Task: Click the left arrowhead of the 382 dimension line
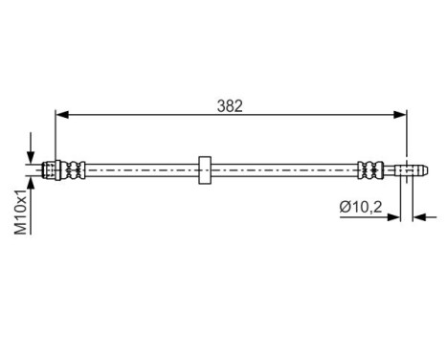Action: coord(60,115)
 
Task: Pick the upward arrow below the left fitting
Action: coord(33,185)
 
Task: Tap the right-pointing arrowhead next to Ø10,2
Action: coord(395,217)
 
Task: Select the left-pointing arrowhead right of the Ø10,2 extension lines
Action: coord(417,217)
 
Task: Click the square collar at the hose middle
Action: coord(204,169)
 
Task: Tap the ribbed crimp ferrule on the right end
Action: coord(369,169)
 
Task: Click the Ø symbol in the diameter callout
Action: coord(344,206)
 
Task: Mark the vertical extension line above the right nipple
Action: coord(406,134)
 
